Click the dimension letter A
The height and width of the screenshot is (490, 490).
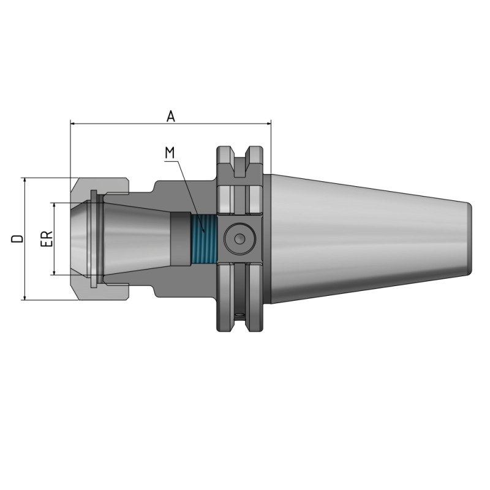point(171,116)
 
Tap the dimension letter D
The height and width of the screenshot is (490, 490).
point(18,238)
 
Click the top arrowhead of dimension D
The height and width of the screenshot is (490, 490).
point(24,181)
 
